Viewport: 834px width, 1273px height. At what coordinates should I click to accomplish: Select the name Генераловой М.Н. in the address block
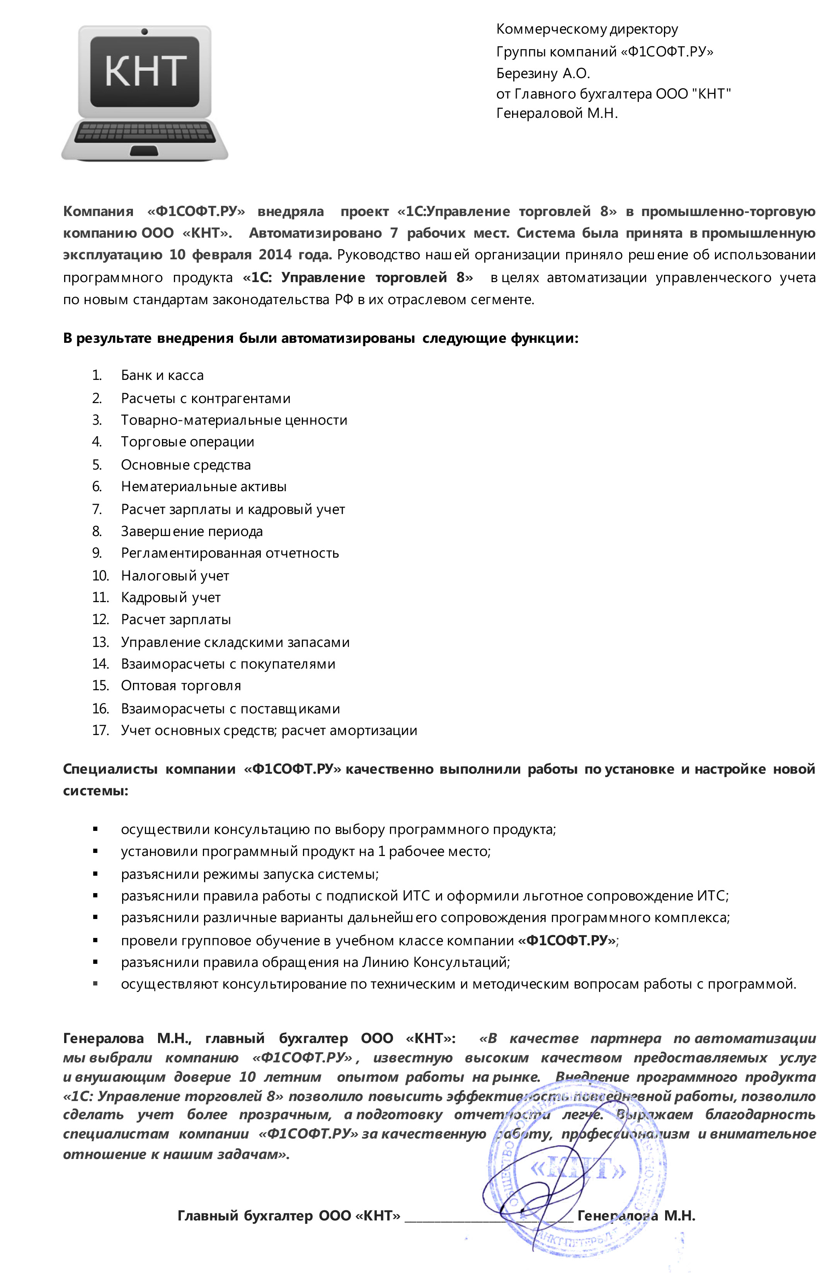click(557, 113)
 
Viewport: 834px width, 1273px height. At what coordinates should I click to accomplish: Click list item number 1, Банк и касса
click(162, 376)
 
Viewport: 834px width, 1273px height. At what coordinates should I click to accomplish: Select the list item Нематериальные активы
click(204, 487)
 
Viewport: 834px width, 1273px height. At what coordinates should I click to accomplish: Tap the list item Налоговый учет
click(175, 576)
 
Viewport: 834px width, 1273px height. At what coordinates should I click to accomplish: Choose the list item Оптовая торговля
click(181, 686)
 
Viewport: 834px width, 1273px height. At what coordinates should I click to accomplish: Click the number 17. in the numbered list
click(100, 731)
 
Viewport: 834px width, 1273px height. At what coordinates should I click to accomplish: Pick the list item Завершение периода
click(192, 532)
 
